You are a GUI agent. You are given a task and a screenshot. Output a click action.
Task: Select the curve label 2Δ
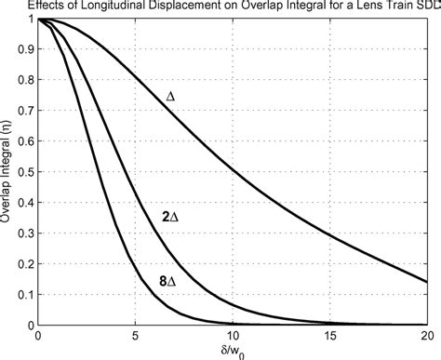[x=167, y=216]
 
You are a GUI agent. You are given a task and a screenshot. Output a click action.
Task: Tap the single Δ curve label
[x=170, y=96]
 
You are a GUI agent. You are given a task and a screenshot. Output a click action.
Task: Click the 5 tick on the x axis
[x=136, y=336]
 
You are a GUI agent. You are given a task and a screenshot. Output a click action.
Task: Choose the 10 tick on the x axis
[x=233, y=336]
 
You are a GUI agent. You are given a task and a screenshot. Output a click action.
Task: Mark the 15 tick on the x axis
[x=329, y=336]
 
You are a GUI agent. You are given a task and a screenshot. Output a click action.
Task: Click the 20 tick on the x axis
[x=425, y=336]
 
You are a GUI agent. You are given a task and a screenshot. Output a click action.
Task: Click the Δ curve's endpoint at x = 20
[x=426, y=281]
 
